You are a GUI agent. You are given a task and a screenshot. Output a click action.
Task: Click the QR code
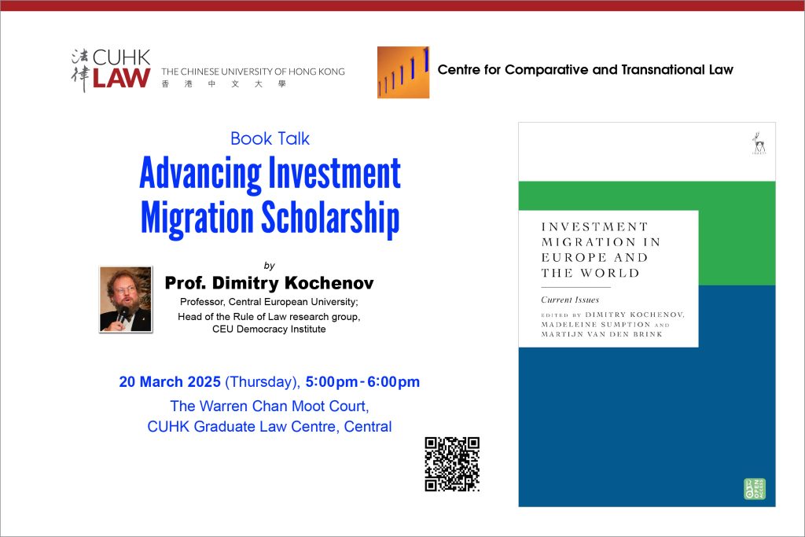(x=452, y=464)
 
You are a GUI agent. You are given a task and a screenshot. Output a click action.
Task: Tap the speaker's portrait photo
(x=126, y=300)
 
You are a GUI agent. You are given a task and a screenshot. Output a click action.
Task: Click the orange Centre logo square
(x=403, y=72)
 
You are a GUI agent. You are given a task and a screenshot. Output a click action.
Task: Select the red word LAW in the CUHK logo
(x=121, y=78)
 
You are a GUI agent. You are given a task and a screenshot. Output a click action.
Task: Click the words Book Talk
(x=270, y=138)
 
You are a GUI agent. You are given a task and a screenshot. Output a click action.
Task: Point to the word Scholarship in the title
(x=331, y=219)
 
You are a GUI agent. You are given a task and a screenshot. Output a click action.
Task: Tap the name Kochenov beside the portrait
(x=329, y=283)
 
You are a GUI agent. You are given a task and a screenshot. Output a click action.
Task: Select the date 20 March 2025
(x=170, y=382)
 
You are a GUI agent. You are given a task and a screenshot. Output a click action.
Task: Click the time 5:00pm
(x=332, y=382)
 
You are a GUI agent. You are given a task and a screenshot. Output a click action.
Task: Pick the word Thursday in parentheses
(x=262, y=382)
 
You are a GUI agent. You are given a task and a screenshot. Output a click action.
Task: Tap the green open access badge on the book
(x=755, y=489)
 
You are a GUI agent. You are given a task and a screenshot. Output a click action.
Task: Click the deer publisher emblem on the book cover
(x=759, y=143)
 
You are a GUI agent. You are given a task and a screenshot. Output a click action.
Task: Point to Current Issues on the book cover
(x=570, y=300)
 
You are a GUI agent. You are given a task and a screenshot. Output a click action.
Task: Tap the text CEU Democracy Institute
(x=269, y=329)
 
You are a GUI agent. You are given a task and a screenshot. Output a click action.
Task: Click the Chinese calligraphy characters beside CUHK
(x=80, y=70)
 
